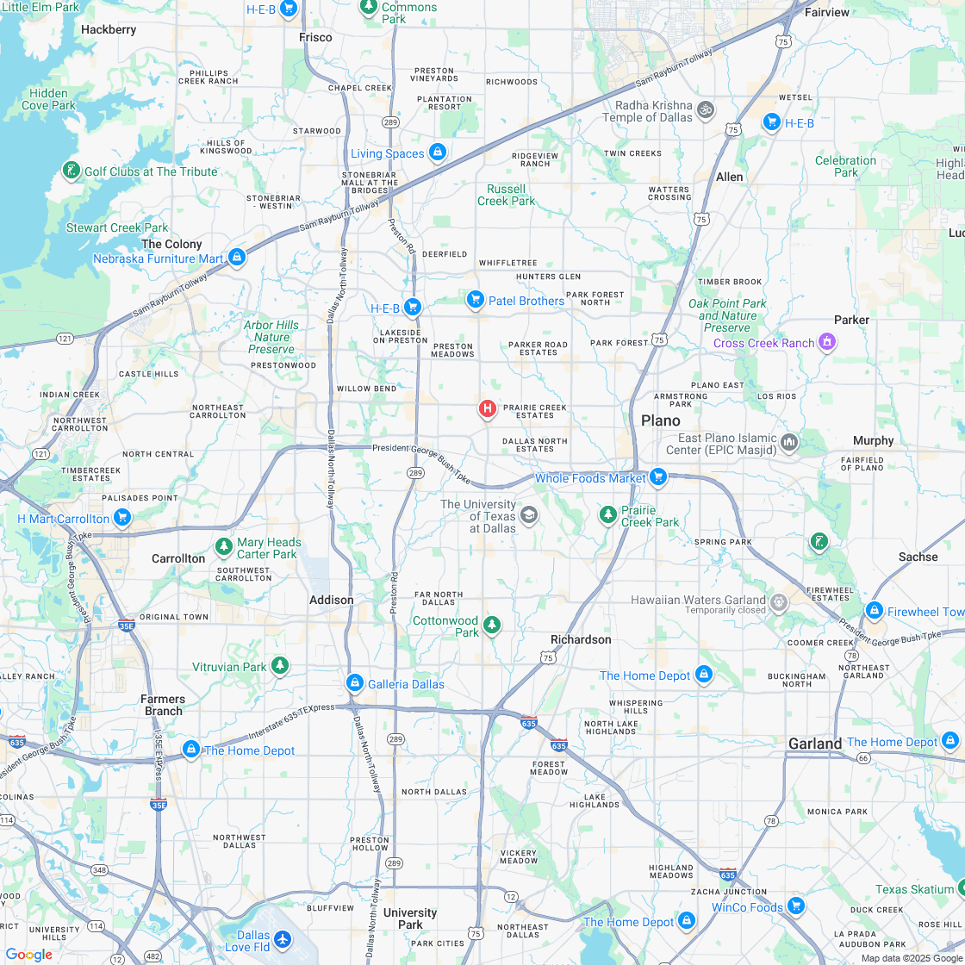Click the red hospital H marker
pos(487,408)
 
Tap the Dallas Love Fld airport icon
pos(283,938)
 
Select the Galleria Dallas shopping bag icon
pos(354,683)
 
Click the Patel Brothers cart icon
pos(475,299)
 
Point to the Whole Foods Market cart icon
pos(659,476)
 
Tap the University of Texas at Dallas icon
pos(529,515)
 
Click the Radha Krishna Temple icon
pos(706,109)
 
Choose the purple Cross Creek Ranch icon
pos(827,342)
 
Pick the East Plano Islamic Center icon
pos(789,443)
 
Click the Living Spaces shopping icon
pos(438,153)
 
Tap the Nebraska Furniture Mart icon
pos(237,257)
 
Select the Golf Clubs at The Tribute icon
pos(72,171)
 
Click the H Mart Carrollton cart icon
pos(122,517)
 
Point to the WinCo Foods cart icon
pos(795,906)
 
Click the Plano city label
pos(661,420)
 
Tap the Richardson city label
pos(581,639)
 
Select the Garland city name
pos(814,743)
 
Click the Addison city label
pos(332,600)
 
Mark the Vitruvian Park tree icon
pos(279,666)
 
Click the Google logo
pos(28,955)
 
